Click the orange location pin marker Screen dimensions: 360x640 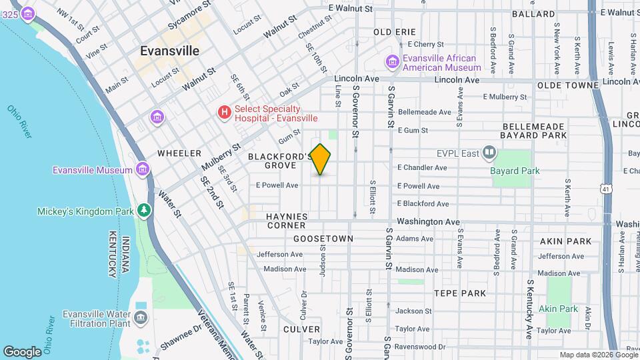pos(321,159)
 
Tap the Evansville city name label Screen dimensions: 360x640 pos(170,51)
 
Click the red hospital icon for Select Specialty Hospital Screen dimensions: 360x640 pos(225,113)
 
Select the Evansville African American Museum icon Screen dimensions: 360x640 pos(393,62)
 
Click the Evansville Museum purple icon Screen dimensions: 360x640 pos(142,170)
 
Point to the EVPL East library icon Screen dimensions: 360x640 pos(490,154)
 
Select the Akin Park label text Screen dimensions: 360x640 pos(559,309)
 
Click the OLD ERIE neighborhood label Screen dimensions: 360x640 pos(395,32)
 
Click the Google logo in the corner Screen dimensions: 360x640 pos(22,351)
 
